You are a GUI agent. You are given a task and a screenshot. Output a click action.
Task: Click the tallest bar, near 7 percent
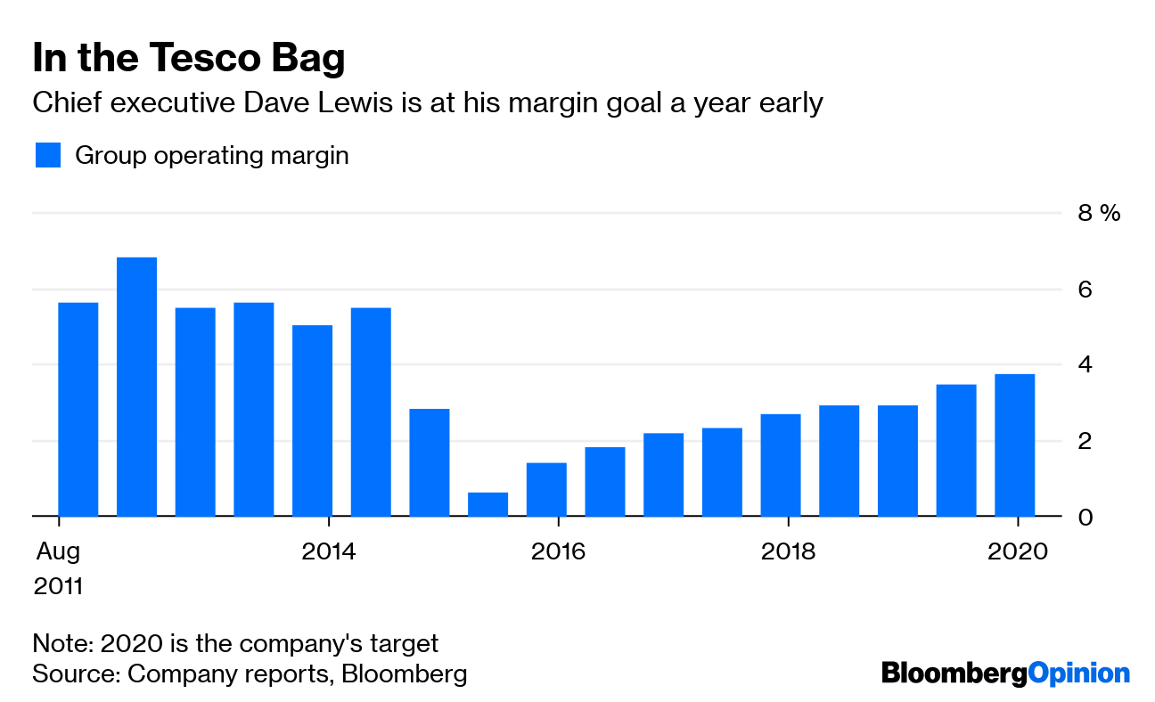(136, 387)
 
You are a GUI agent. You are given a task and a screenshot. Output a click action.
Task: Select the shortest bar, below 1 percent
(487, 504)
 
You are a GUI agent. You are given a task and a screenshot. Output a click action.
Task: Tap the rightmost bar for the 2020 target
(1014, 445)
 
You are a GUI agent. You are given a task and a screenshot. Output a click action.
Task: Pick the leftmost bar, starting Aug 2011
(78, 409)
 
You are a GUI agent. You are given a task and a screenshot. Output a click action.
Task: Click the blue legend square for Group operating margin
(47, 155)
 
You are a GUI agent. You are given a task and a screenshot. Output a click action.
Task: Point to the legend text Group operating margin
(211, 155)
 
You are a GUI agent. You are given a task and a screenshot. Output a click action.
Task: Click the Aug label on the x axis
(58, 551)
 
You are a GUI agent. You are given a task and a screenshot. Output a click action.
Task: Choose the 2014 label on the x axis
(329, 551)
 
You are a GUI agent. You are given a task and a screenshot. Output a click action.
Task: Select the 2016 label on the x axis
(558, 551)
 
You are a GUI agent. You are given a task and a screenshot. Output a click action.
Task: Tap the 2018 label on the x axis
(788, 551)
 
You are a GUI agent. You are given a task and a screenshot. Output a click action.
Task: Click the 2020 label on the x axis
(1017, 551)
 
